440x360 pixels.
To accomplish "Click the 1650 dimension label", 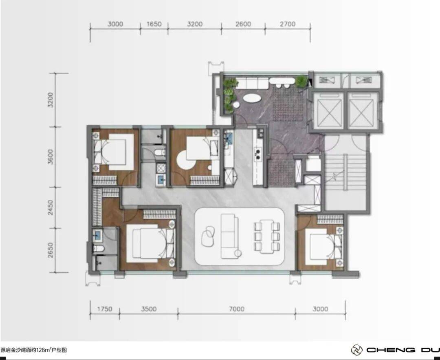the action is (154, 24).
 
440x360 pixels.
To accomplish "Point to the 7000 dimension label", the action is (237, 309).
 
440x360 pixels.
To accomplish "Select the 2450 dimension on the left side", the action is (51, 208).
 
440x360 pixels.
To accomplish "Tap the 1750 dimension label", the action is (105, 309).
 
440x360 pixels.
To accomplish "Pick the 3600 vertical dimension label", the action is (51, 157).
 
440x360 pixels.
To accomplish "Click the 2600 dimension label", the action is (243, 24).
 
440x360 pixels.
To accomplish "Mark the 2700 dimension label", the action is (288, 24).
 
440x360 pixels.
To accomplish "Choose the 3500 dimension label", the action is (149, 309).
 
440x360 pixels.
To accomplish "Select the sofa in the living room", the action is (229, 236).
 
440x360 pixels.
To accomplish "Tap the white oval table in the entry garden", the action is (251, 98).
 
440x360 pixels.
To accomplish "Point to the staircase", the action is (345, 173).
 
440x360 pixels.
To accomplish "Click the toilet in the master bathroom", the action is (99, 249).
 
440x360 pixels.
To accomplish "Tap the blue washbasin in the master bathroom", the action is (97, 235).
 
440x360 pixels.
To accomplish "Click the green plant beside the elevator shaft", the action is (301, 81).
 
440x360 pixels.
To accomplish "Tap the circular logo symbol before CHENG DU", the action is (356, 350).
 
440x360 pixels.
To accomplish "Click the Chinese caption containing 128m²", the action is (34, 350).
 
